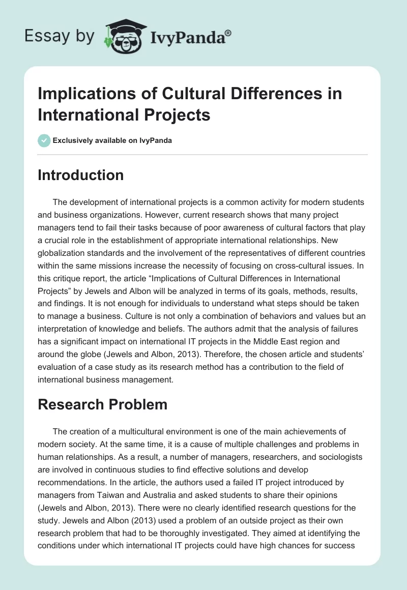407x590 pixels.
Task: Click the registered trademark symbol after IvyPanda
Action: (x=228, y=33)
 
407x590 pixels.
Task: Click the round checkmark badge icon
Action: (x=44, y=140)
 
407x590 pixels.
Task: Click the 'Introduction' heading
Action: (x=81, y=175)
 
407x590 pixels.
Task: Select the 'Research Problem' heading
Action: (x=103, y=404)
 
